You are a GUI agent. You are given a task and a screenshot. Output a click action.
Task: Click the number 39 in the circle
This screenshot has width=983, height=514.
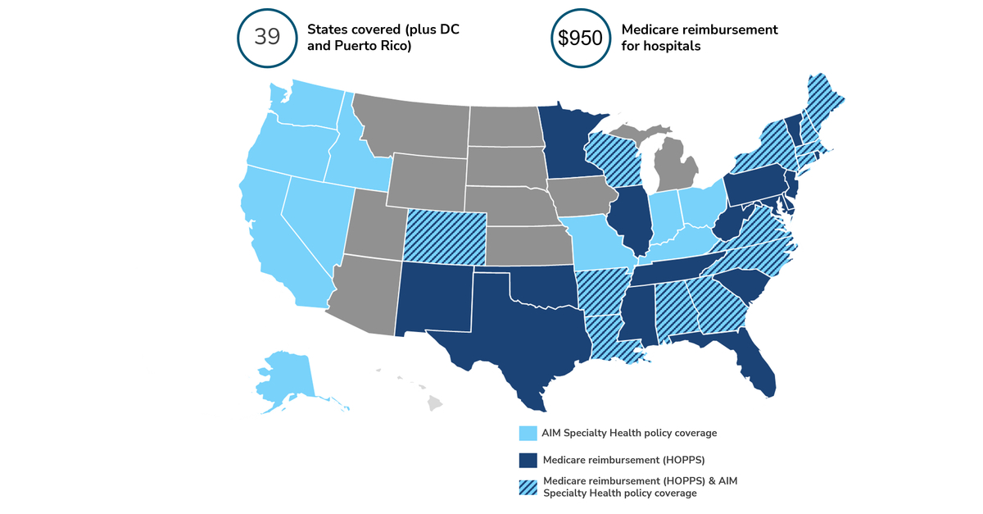pos(266,38)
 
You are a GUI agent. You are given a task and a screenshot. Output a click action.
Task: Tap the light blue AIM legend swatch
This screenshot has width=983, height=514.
pos(528,433)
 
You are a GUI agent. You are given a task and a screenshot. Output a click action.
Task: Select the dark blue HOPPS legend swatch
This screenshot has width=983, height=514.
pos(528,461)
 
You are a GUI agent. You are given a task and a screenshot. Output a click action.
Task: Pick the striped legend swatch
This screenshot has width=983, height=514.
pos(528,487)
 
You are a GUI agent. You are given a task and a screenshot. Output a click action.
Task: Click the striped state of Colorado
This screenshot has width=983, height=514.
pos(446,236)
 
